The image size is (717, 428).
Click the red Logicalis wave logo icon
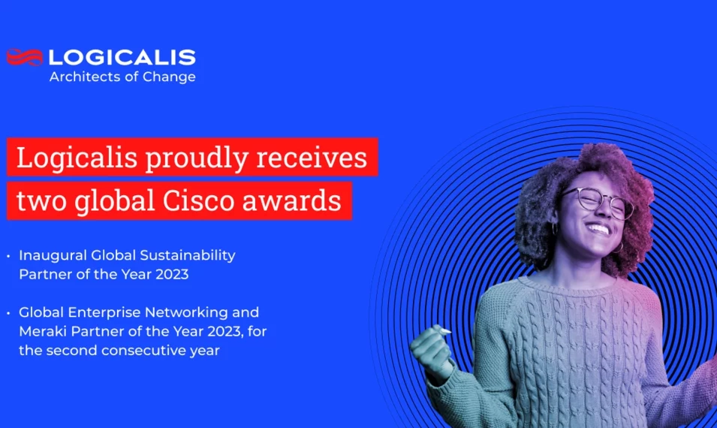(24, 57)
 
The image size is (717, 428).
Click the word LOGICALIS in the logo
(122, 57)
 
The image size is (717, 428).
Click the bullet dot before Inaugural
(8, 256)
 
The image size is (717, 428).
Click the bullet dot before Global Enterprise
(8, 312)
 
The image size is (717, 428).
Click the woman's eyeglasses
(597, 202)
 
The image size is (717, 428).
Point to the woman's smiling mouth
(598, 228)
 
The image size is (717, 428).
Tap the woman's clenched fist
(432, 349)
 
